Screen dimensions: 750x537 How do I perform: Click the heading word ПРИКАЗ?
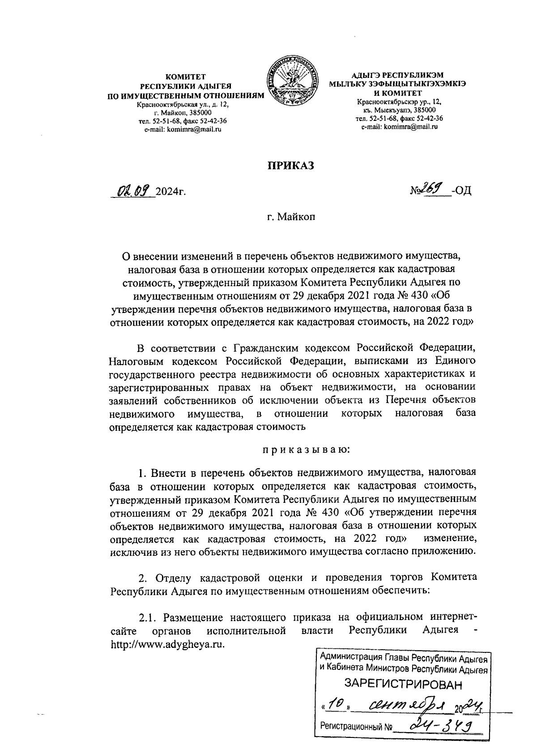coord(291,165)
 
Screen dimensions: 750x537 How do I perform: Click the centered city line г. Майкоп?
coord(291,218)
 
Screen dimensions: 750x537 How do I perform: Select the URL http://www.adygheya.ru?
coord(167,645)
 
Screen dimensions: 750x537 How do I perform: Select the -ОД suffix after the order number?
coord(461,192)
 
